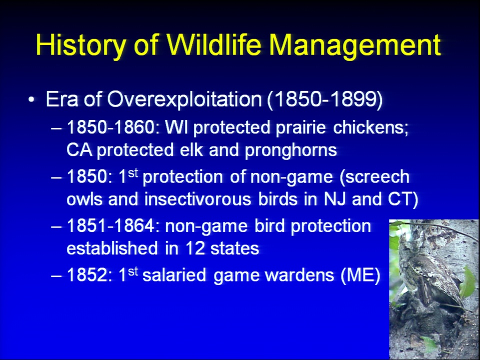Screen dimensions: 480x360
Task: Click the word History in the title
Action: (x=80, y=45)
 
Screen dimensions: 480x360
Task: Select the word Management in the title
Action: (x=355, y=45)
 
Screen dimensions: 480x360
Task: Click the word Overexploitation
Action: (x=184, y=100)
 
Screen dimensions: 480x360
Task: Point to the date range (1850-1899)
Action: (x=325, y=100)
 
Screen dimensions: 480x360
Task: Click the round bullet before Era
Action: (x=31, y=99)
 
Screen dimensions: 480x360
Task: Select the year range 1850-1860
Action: (x=111, y=127)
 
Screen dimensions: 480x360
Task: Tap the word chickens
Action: (x=370, y=127)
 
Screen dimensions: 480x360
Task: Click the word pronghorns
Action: (x=291, y=150)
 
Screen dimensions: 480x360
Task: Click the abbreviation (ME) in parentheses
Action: (x=360, y=275)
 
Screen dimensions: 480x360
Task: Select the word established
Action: (x=112, y=248)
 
